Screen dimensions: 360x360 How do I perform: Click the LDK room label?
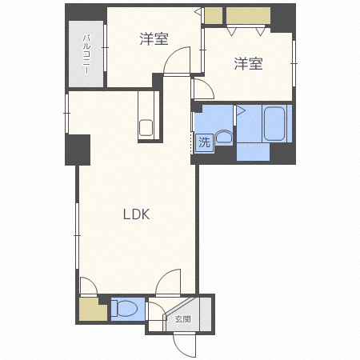click(136, 214)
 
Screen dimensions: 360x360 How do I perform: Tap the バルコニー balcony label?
click(86, 54)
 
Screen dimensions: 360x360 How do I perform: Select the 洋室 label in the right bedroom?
click(248, 64)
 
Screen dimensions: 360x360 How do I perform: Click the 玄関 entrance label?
click(182, 319)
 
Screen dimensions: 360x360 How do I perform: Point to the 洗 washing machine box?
click(204, 143)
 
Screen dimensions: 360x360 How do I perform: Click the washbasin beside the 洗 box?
click(223, 138)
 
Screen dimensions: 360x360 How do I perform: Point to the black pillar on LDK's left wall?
click(78, 149)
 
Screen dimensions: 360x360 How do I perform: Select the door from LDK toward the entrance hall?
click(169, 284)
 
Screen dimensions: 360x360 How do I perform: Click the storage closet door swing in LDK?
click(88, 286)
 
